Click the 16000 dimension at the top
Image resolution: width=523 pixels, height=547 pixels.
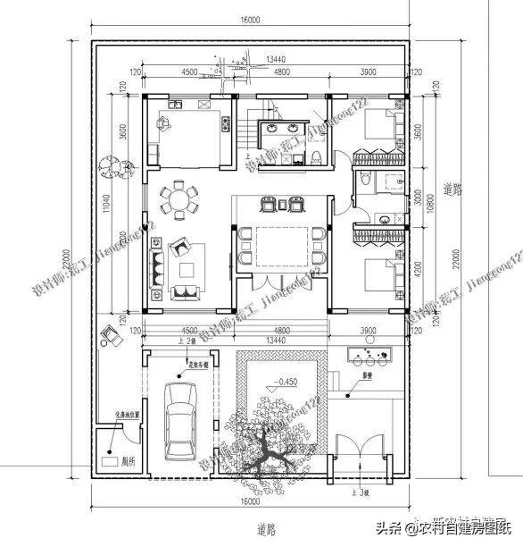(x=249, y=19)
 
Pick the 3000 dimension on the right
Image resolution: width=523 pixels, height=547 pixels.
(x=419, y=198)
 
